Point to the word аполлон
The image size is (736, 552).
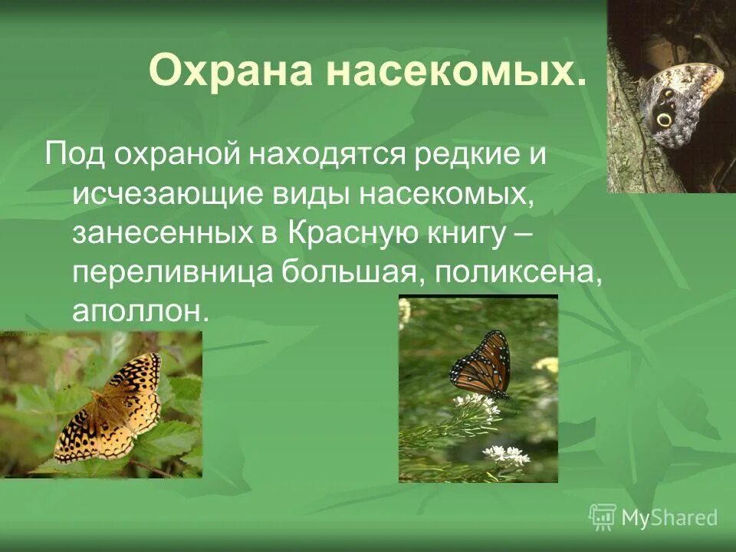pyautogui.click(x=140, y=312)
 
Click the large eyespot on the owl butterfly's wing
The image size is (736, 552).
pyautogui.click(x=664, y=120)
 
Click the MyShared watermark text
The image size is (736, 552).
pyautogui.click(x=669, y=517)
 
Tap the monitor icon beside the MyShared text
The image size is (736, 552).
pyautogui.click(x=603, y=517)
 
